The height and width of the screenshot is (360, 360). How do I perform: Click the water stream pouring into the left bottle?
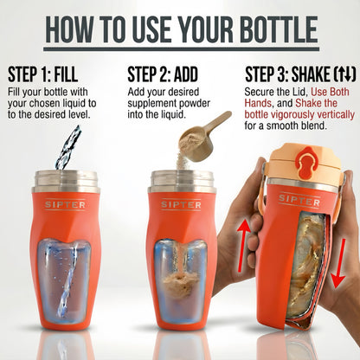tap(67, 146)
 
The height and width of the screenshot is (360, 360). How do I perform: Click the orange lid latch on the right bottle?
tap(305, 139)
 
